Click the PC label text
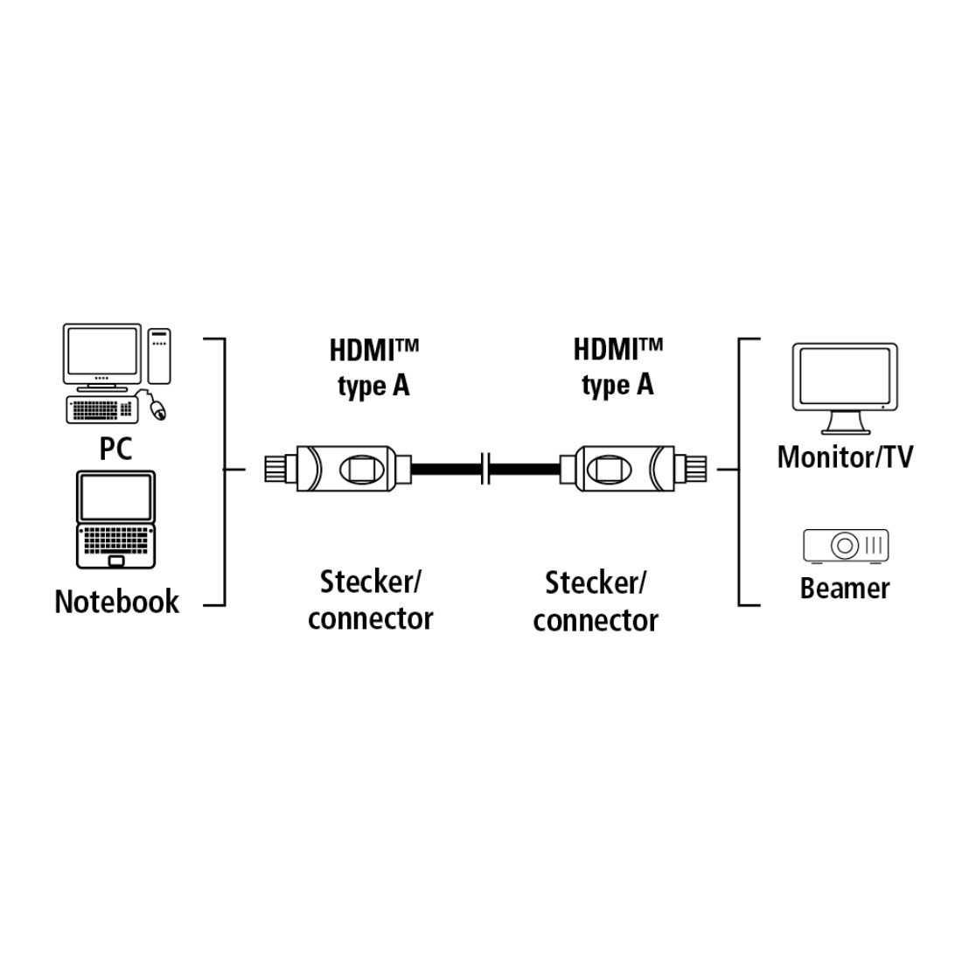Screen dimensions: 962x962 115,449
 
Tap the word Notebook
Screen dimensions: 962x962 116,602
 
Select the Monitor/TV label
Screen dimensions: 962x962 845,457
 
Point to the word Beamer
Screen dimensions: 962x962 845,589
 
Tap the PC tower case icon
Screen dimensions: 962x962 159,357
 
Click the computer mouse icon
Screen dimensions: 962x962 157,409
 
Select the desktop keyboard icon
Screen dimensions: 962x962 102,410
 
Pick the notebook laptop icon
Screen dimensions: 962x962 115,519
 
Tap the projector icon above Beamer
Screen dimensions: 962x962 846,546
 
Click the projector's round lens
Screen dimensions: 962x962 844,545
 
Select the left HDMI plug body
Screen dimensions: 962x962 347,469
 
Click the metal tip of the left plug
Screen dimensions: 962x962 281,469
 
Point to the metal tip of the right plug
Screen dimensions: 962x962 690,469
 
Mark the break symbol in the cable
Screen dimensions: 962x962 485,469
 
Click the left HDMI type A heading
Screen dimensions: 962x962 373,368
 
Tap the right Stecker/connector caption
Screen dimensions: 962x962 595,602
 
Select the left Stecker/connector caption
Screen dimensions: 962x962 371,601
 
